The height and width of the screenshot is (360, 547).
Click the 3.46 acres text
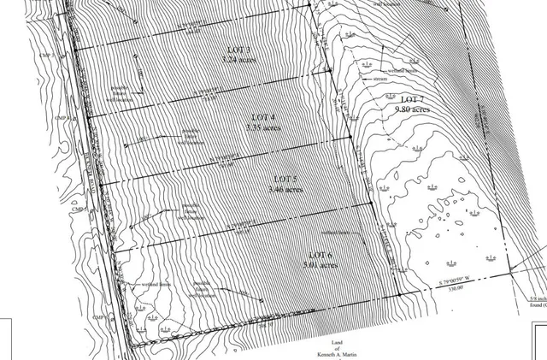click(x=285, y=189)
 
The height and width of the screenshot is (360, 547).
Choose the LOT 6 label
click(x=320, y=256)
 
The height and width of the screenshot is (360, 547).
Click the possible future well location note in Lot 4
click(x=196, y=134)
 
